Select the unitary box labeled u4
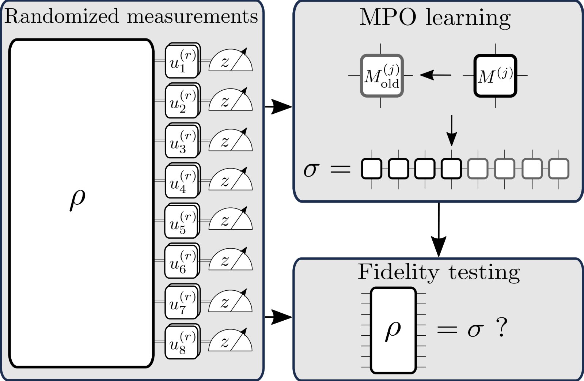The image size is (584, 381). (x=181, y=181)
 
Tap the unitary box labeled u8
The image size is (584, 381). (x=181, y=342)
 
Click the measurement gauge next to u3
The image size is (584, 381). (x=231, y=141)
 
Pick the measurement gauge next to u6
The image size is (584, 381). (x=231, y=260)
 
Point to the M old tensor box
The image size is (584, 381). (x=382, y=76)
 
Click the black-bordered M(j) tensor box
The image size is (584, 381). (x=495, y=76)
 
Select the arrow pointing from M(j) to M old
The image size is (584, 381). (x=436, y=75)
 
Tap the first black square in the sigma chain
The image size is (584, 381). (x=372, y=169)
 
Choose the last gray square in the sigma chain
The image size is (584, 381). (x=559, y=169)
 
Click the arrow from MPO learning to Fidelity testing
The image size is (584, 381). (x=439, y=230)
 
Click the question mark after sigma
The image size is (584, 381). (x=501, y=328)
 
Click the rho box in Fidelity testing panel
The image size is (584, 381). (x=393, y=330)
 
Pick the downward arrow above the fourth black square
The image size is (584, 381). (x=452, y=131)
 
